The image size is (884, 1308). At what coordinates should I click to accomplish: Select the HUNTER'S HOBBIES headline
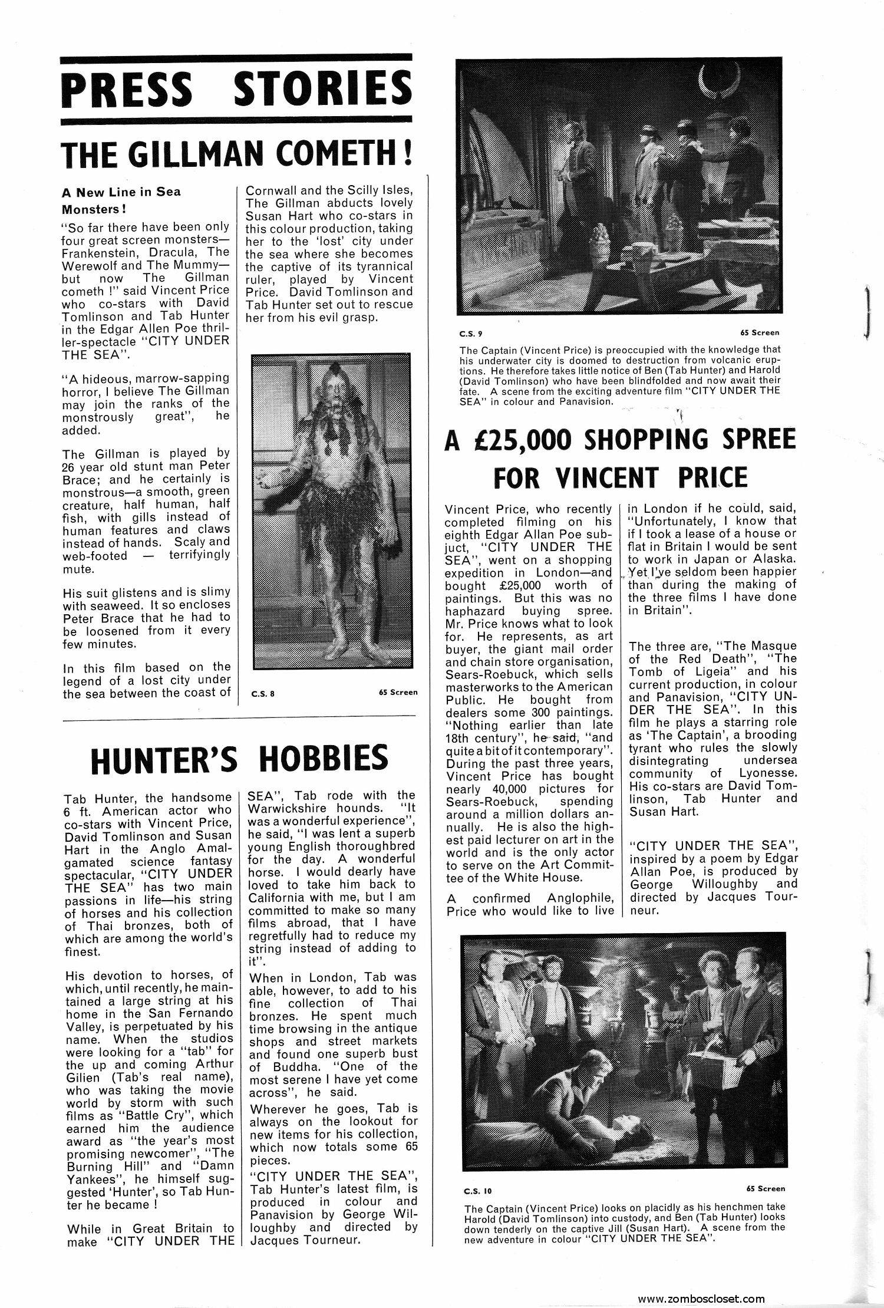tap(239, 759)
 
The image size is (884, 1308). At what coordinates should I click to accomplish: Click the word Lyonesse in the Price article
tap(770, 773)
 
